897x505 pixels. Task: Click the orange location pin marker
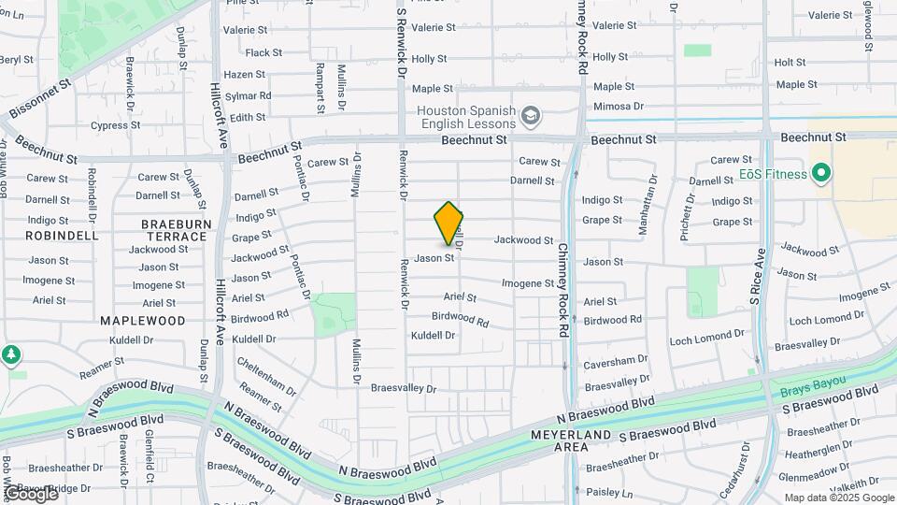pos(448,224)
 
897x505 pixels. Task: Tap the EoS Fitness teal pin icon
pos(821,173)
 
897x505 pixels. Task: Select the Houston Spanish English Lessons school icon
pos(531,116)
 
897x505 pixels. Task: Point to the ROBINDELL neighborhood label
pos(62,236)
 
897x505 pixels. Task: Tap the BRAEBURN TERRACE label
pos(174,230)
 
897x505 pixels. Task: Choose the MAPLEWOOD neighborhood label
pos(143,320)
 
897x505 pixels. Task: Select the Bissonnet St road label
pos(40,98)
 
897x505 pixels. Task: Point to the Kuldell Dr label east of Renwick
pos(433,335)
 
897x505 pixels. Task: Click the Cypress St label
pos(115,125)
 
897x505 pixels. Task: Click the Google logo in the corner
pos(31,493)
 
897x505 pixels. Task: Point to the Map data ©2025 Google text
pos(838,498)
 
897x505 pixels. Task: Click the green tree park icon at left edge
pos(10,355)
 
